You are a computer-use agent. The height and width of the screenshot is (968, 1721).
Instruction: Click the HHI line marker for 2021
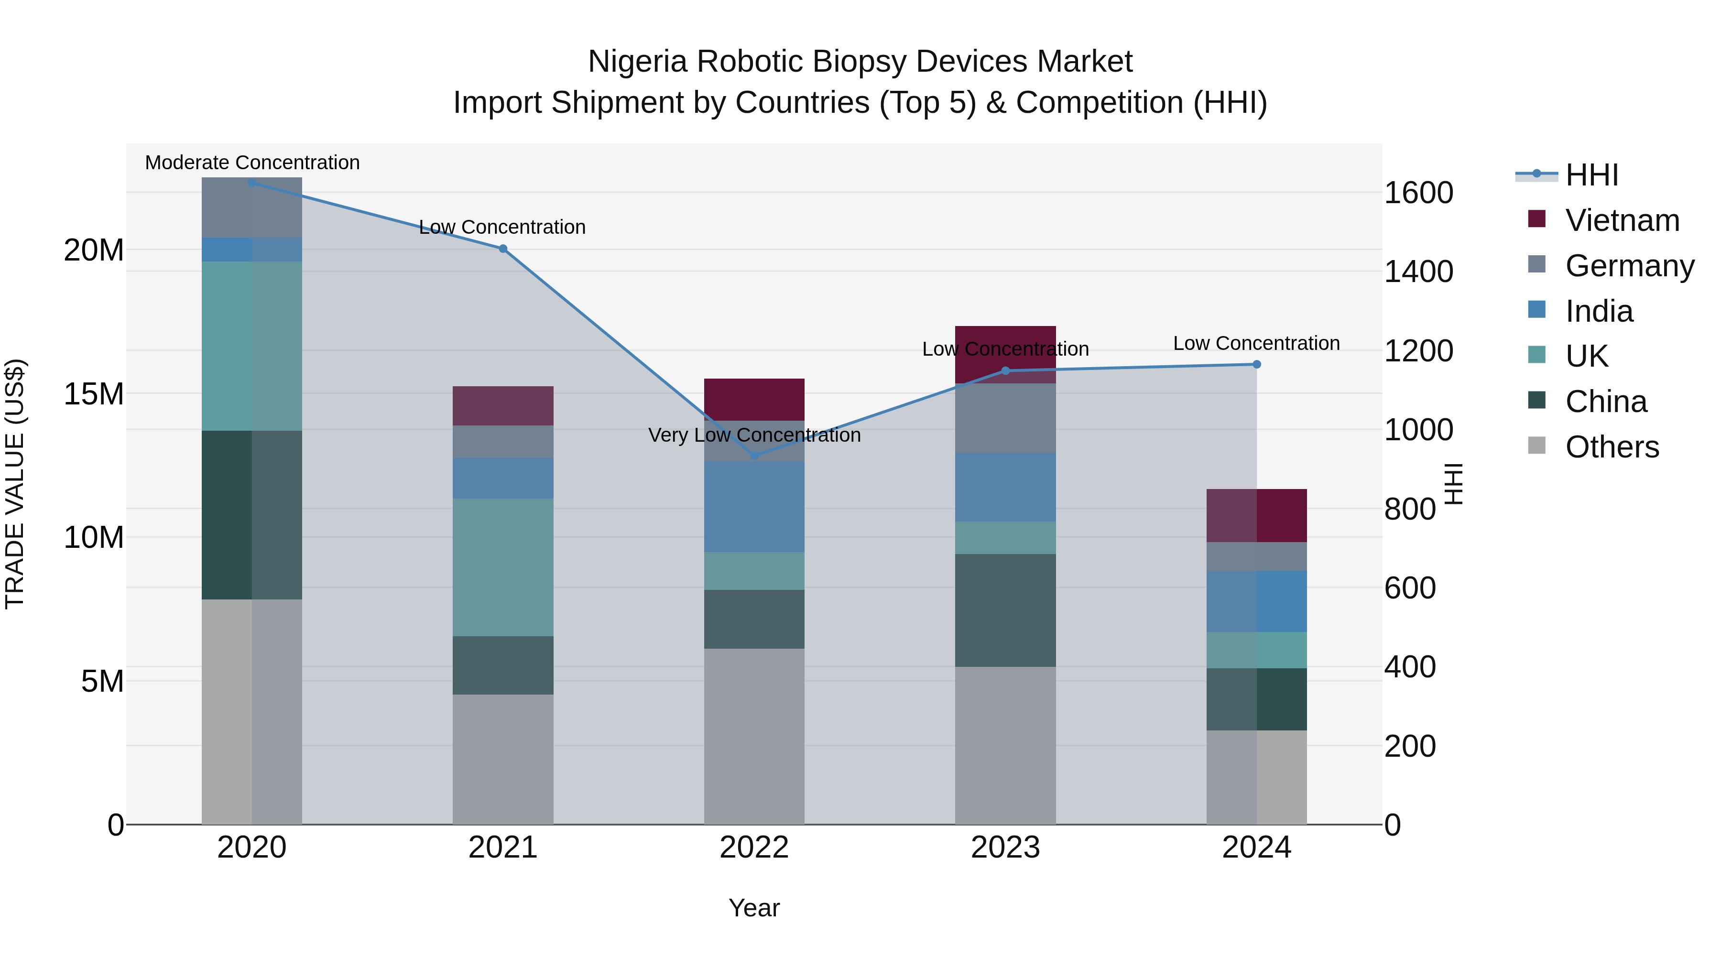tap(503, 249)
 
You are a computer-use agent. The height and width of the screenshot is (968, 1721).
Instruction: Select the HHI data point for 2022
tap(754, 456)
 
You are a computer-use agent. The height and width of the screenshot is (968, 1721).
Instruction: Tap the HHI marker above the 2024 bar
tap(1257, 364)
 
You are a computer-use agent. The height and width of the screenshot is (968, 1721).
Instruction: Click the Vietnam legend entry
tap(1622, 220)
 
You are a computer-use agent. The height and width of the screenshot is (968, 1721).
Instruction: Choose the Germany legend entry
tap(1629, 265)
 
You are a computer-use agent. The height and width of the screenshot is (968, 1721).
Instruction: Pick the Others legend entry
tap(1612, 447)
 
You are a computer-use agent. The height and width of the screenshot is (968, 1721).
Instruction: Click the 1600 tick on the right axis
tap(1418, 193)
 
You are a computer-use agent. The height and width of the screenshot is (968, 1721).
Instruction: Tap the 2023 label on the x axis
tap(1005, 848)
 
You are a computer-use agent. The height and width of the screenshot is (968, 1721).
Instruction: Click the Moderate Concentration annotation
tap(252, 163)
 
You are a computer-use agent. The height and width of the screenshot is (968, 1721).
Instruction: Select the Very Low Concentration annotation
tap(754, 435)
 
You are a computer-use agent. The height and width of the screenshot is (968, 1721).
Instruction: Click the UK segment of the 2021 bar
tap(503, 566)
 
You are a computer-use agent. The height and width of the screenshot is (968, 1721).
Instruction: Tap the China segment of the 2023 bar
tap(1005, 610)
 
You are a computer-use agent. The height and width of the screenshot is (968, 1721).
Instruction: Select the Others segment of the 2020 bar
tap(252, 711)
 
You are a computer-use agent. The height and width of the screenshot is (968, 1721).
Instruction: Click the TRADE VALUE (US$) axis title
tap(15, 484)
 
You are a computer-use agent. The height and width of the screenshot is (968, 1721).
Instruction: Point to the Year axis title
tap(754, 908)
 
